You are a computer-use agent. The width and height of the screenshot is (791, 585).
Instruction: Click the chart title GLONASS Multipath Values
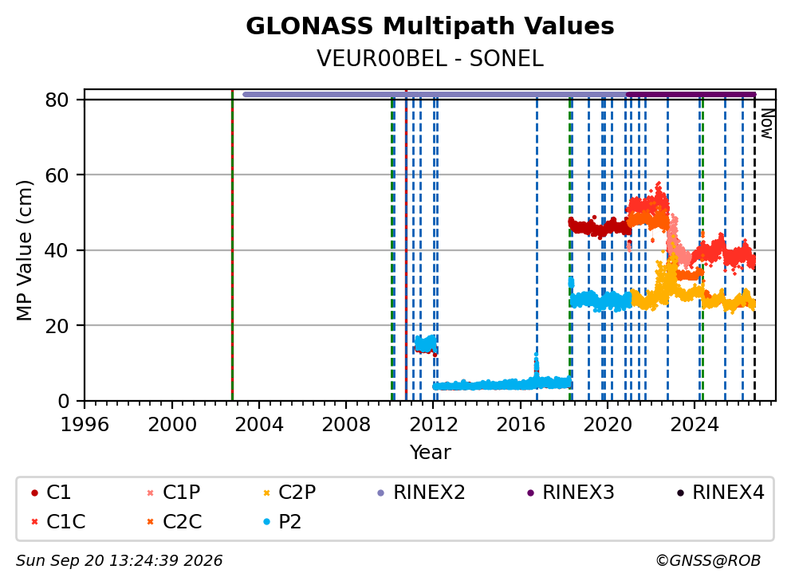pos(430,26)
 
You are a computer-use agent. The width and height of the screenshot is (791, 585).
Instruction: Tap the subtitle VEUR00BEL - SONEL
pos(430,59)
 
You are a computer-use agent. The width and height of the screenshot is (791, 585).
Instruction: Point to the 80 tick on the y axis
pos(57,100)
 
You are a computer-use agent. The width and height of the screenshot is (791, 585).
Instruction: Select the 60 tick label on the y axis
pos(57,175)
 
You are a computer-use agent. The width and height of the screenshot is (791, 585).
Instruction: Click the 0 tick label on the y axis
pos(64,402)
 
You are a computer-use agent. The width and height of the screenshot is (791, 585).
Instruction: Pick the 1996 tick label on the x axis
pos(85,425)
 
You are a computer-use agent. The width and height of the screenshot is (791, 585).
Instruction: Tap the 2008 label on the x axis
pos(346,425)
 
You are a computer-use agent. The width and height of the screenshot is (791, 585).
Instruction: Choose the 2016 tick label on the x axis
pos(521,425)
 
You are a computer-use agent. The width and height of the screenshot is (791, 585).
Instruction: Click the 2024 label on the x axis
pos(695,425)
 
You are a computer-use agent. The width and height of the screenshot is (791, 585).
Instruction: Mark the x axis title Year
pos(430,453)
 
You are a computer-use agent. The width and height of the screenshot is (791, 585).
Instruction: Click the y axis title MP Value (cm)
pos(24,250)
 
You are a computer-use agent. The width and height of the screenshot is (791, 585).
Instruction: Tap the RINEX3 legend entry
pos(571,493)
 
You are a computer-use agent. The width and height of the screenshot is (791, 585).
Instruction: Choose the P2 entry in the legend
pos(283,521)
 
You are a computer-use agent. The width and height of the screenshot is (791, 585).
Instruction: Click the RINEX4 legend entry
pos(721,493)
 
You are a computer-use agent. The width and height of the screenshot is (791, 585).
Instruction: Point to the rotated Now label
pos(767,124)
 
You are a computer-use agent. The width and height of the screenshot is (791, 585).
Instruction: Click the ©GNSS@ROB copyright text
pos(708,561)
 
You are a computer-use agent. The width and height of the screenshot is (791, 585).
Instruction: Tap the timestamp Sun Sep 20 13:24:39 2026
pos(119,561)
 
